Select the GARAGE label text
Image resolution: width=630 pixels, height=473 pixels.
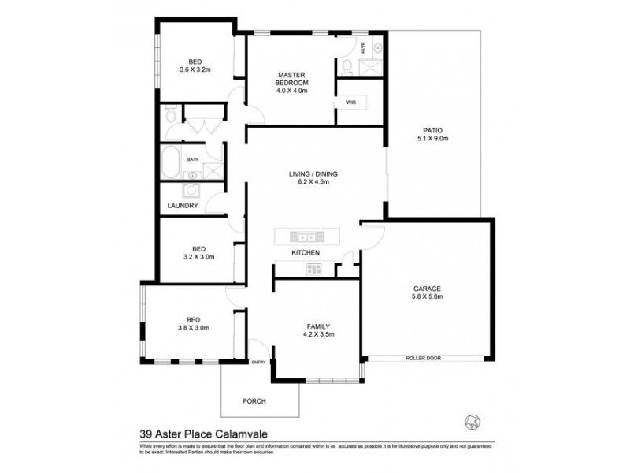click(x=426, y=289)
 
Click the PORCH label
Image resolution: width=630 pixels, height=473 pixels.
click(x=254, y=401)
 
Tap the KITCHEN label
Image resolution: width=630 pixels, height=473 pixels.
click(x=305, y=252)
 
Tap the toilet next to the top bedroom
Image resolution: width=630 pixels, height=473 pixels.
click(x=171, y=116)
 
